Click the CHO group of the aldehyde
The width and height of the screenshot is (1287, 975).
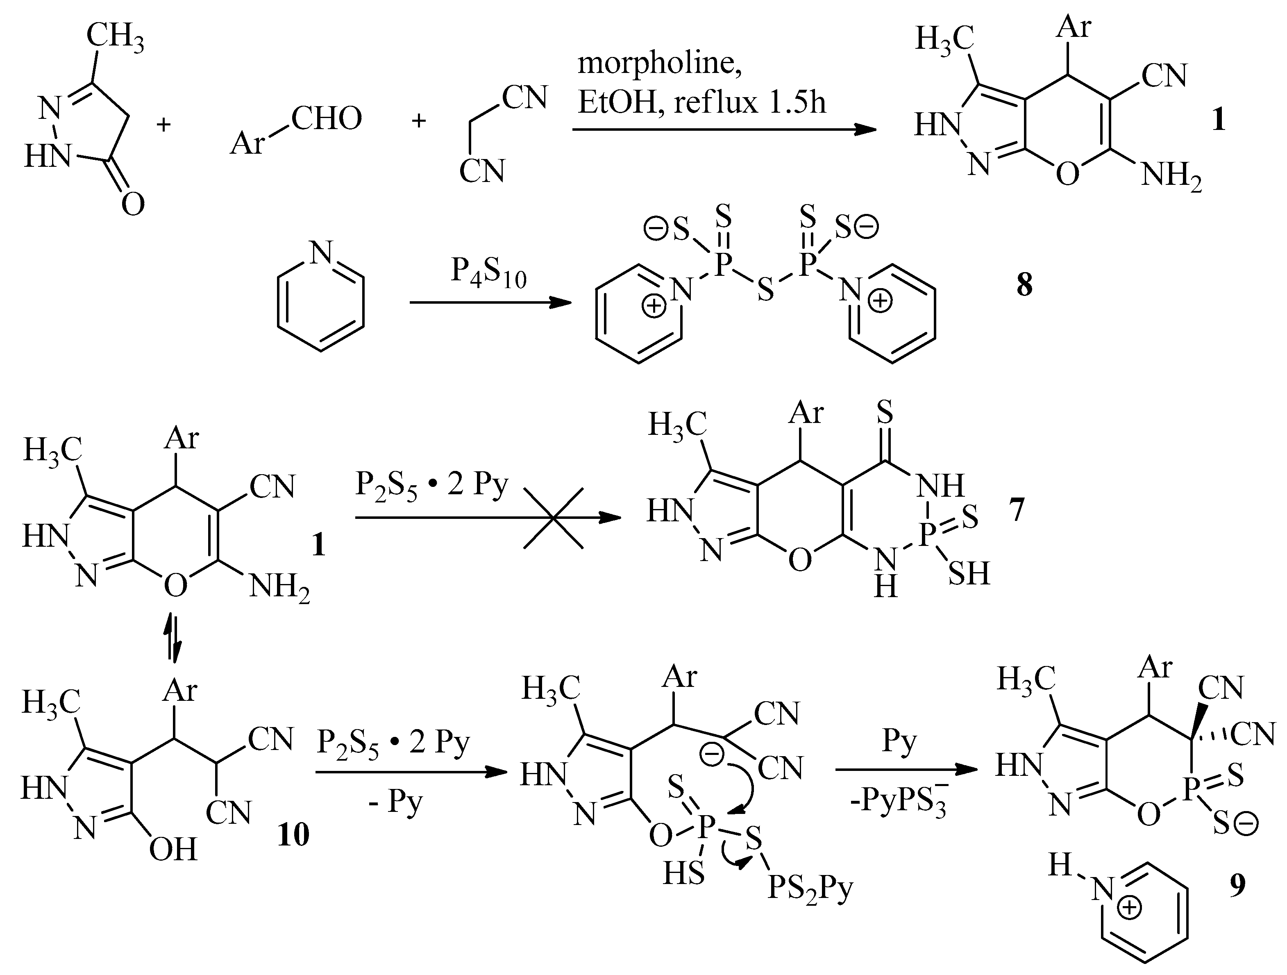(x=327, y=119)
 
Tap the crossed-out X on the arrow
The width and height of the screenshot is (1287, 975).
(x=553, y=518)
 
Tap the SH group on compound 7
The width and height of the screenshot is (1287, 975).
(x=969, y=573)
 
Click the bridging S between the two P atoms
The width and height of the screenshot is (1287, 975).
(x=766, y=289)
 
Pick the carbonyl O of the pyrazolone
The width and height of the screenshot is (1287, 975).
(x=133, y=205)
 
